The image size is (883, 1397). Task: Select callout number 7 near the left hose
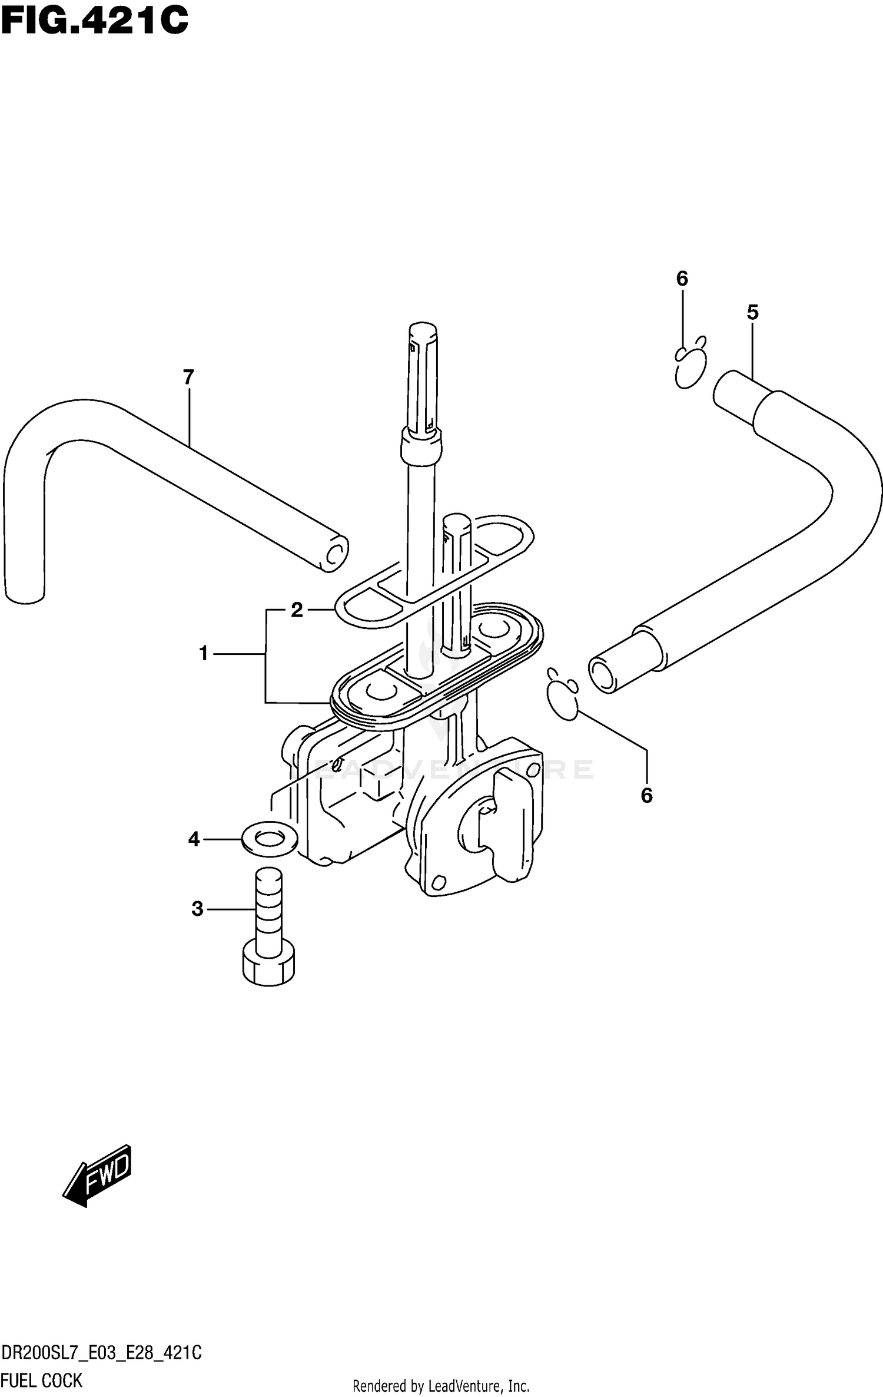[188, 378]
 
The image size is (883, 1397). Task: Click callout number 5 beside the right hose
[752, 313]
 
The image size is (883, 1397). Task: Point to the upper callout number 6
[682, 279]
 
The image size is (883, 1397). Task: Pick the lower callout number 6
[646, 796]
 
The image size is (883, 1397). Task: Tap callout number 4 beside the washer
[194, 839]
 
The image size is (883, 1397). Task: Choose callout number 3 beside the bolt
[197, 909]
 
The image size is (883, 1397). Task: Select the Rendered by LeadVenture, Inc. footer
[441, 1385]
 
